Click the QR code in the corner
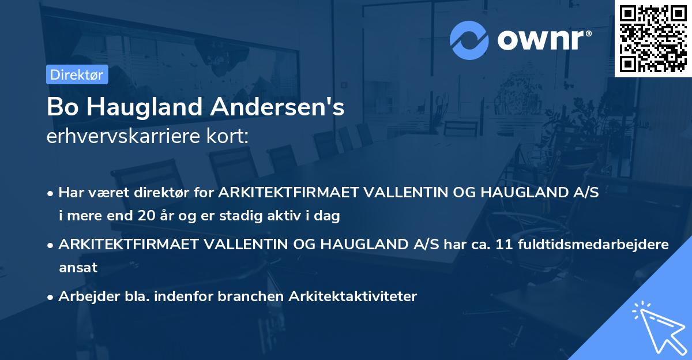(653, 39)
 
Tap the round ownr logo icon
(469, 40)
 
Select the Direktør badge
(77, 74)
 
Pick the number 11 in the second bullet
(501, 244)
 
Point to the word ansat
(78, 268)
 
